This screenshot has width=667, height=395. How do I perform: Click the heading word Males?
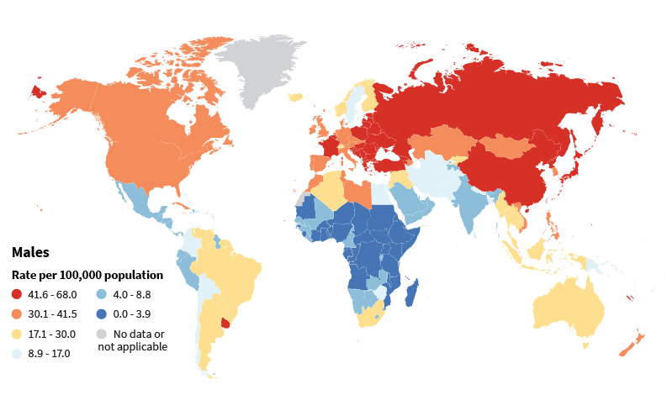[x=30, y=252]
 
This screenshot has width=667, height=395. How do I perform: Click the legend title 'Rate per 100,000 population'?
[x=87, y=275]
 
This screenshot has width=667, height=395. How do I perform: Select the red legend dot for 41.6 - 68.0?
[x=17, y=295]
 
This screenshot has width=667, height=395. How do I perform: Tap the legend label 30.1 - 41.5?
[x=52, y=314]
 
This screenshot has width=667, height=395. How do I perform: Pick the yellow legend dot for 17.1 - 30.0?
[x=17, y=334]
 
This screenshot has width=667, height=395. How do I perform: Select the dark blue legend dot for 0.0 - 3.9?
[x=100, y=314]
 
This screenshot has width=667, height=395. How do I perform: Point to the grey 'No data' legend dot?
[x=100, y=334]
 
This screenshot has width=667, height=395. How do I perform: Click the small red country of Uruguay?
[x=225, y=323]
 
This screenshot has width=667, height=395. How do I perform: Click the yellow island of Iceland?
[x=295, y=97]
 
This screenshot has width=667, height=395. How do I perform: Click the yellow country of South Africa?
[x=371, y=315]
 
